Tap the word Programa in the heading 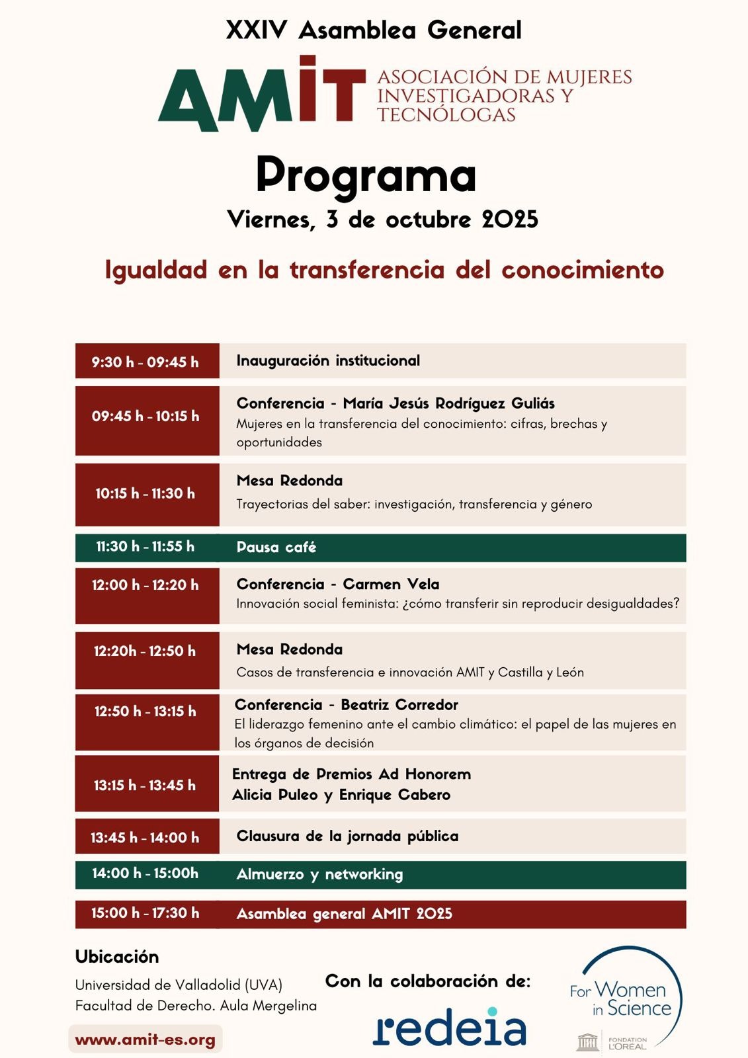(x=366, y=175)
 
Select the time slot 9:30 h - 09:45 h (x=145, y=362)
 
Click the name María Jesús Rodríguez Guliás (x=448, y=403)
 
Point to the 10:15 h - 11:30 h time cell (x=145, y=493)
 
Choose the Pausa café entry (x=276, y=548)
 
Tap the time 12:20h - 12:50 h (x=145, y=651)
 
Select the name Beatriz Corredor (x=399, y=705)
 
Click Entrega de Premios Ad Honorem (x=351, y=774)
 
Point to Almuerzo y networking (x=319, y=874)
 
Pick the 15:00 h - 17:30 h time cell (x=145, y=913)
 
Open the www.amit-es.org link (x=145, y=1039)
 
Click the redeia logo (x=450, y=1028)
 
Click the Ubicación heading (x=117, y=957)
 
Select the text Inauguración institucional (x=328, y=361)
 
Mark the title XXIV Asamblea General (x=374, y=30)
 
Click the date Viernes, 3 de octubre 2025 (x=382, y=220)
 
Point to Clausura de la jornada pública (x=347, y=836)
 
